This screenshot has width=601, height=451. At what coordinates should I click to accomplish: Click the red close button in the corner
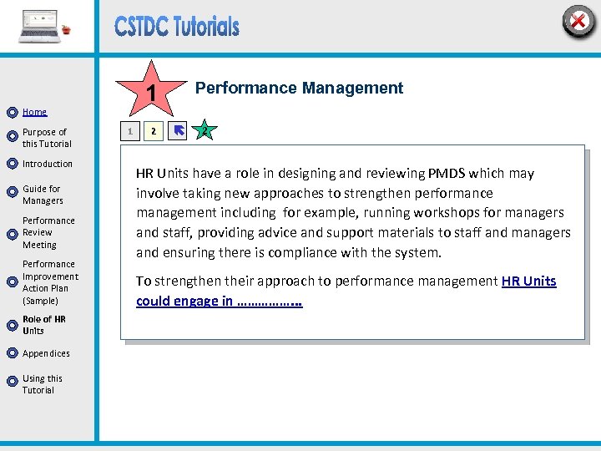[578, 22]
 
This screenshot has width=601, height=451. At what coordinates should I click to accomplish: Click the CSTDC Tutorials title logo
[177, 27]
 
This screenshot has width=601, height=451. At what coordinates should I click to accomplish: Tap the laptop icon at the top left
[41, 26]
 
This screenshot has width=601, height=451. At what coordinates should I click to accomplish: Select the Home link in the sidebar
[35, 112]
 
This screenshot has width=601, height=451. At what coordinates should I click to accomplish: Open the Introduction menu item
[48, 164]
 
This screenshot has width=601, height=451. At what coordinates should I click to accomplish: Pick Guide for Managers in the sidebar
[43, 195]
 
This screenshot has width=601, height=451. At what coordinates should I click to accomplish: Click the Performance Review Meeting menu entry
[48, 233]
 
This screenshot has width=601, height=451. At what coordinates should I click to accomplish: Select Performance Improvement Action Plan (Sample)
[50, 282]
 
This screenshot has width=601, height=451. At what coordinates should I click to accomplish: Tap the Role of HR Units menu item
[44, 325]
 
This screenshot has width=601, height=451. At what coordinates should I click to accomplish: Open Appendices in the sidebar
[46, 353]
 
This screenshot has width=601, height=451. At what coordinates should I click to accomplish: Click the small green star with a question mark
[204, 130]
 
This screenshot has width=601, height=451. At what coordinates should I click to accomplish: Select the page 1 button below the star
[129, 131]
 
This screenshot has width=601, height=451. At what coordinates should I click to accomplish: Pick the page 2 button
[152, 131]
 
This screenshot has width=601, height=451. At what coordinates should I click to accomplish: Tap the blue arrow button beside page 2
[177, 131]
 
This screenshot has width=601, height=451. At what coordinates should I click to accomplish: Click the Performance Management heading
[299, 88]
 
